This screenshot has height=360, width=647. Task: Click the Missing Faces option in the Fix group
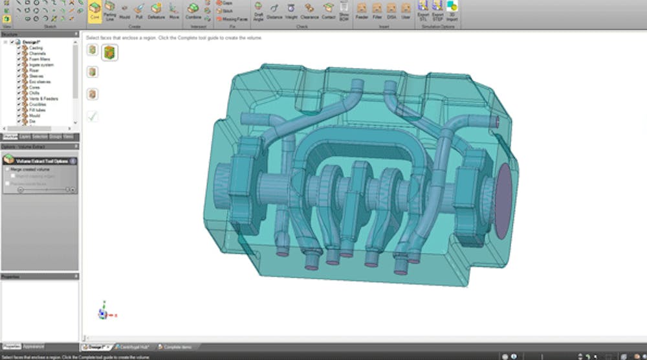click(234, 19)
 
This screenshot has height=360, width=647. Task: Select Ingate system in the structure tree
click(40, 65)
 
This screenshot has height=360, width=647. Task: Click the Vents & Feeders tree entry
click(43, 99)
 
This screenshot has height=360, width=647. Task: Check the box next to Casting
click(19, 48)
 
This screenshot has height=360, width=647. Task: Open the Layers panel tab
click(25, 137)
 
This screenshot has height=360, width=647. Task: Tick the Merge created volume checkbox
click(7, 169)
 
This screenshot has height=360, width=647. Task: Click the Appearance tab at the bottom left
click(34, 346)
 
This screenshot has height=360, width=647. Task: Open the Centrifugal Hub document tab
click(133, 347)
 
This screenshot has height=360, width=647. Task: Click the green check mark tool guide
click(93, 116)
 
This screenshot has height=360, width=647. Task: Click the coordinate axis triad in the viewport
click(103, 313)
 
